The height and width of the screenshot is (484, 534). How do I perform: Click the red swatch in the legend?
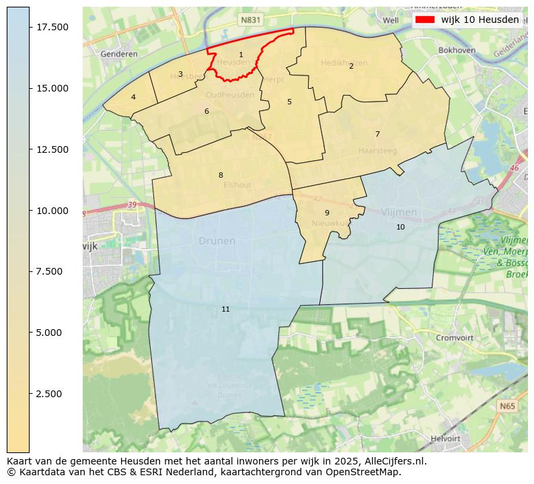(425, 20)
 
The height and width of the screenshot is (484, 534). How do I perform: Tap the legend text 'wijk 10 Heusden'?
(480, 20)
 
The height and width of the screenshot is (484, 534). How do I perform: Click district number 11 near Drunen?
(225, 309)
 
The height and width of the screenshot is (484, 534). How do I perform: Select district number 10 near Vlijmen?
(400, 227)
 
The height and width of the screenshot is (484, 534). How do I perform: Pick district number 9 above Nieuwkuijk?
(327, 213)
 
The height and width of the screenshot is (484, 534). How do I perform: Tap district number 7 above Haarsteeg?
(377, 134)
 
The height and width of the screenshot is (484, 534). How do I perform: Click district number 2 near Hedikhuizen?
(351, 66)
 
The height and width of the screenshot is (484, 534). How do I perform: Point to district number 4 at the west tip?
(133, 97)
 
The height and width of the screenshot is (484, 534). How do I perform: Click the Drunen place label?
(217, 240)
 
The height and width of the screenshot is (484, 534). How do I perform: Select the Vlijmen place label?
(399, 212)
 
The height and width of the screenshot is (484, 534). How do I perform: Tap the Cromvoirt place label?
(455, 338)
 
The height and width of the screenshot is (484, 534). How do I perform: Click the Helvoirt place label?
(445, 438)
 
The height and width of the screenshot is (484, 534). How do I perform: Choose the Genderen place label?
(118, 54)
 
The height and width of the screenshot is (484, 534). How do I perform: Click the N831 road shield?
(250, 21)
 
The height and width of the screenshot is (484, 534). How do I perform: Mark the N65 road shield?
(508, 407)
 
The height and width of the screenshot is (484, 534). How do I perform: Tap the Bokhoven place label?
(457, 50)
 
